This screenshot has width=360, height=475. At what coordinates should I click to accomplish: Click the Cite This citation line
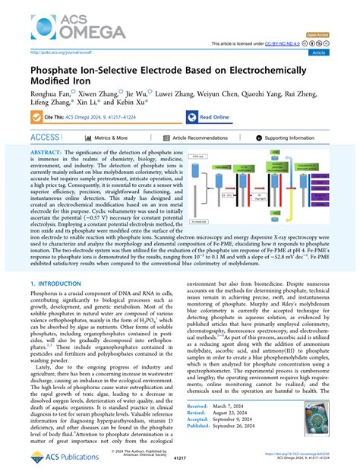[x=99, y=116]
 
